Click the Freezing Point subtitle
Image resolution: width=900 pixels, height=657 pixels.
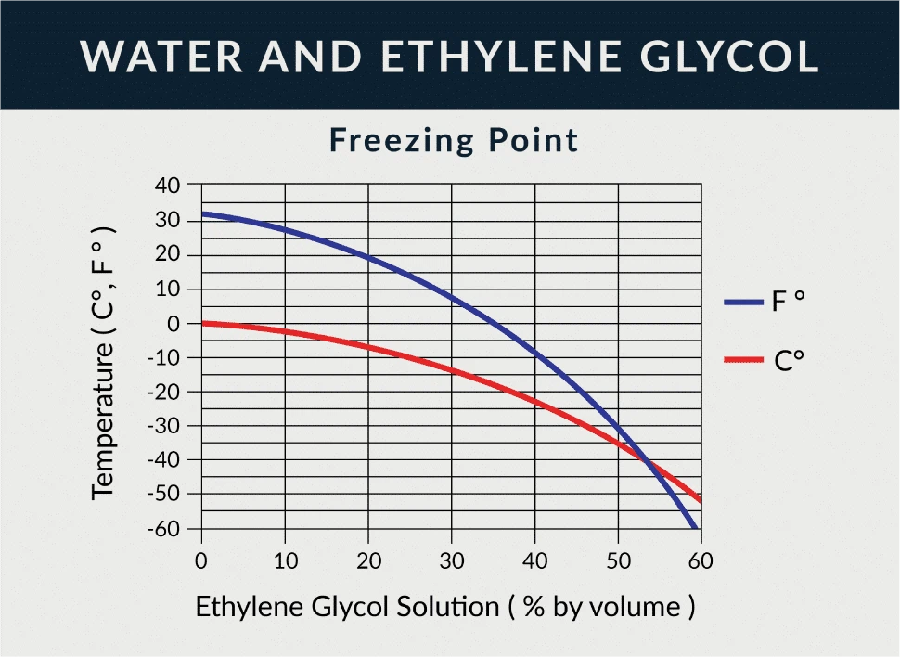coord(454,140)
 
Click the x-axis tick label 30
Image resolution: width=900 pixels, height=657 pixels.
coord(451,560)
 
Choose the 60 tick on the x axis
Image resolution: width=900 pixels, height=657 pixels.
coord(701,560)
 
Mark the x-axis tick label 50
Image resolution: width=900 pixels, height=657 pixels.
coord(618,560)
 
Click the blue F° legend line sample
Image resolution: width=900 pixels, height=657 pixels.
coord(741,302)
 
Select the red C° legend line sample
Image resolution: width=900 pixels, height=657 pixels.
coord(741,359)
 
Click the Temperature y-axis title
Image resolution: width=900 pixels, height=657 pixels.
coord(103,362)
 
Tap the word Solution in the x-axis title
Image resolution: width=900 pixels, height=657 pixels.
coord(448,607)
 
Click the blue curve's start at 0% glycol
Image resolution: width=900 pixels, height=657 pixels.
coord(202,213)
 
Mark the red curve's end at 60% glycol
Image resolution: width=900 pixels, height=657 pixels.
coord(699,499)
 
